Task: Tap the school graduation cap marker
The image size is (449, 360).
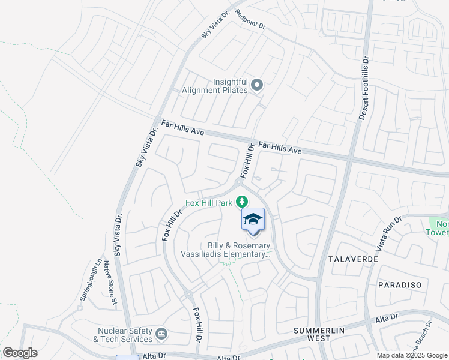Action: [253, 220]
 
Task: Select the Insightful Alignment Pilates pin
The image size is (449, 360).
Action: [257, 85]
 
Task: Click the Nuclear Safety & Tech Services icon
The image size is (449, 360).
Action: [161, 334]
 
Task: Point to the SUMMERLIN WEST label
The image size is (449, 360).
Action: [312, 334]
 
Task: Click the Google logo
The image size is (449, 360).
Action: [20, 353]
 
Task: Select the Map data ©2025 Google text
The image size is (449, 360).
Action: [412, 355]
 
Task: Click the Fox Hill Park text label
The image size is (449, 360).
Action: [209, 203]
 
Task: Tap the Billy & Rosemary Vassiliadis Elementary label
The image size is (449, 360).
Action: [226, 250]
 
